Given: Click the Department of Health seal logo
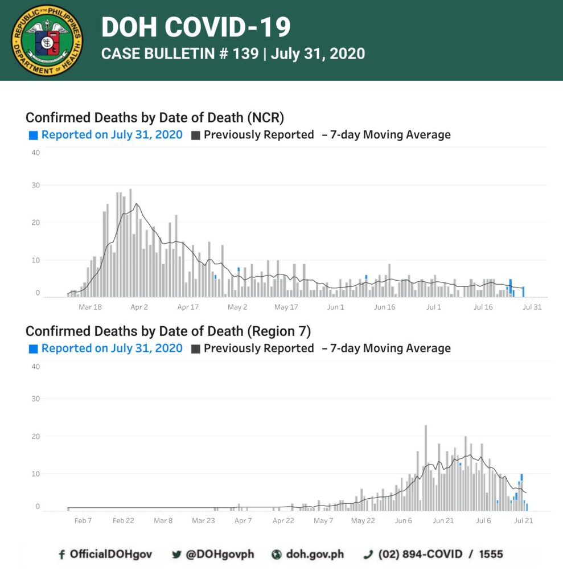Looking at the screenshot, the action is coord(47,40).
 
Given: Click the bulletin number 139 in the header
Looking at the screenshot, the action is coord(245,54).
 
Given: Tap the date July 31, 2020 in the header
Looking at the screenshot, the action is coord(318,54).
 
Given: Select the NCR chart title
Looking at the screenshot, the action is coord(155,117).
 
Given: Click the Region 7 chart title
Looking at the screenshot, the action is coord(168,331).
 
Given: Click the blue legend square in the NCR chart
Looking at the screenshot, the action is coord(34,136).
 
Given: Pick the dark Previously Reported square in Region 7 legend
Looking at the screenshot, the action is coord(196,349).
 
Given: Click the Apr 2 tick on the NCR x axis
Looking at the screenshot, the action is coord(139,307).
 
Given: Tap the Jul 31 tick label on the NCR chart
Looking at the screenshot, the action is coord(532,307).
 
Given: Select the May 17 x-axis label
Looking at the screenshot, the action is coord(286,307).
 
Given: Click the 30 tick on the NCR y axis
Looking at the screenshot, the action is coord(36,185).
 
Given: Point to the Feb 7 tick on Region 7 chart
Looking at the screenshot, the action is coord(83,520).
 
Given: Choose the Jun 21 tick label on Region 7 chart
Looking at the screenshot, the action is coord(443,520).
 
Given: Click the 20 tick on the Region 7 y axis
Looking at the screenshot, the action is coord(36,436).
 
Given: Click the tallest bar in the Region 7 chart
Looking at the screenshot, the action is coord(426,468).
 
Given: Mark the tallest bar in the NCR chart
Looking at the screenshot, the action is coord(130,243).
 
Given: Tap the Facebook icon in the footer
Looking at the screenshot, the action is coord(61,555).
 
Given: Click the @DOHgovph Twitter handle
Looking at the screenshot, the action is coord(220,555).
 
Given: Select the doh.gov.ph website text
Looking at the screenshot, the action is coord(315,555).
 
